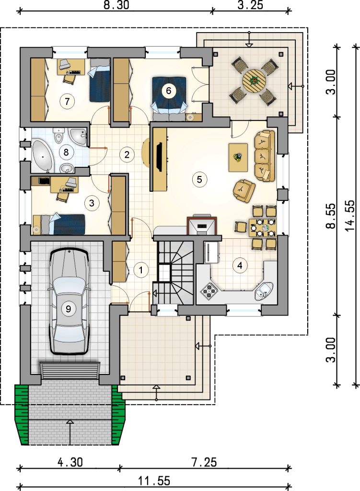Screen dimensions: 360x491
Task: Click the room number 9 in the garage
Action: (x=68, y=309)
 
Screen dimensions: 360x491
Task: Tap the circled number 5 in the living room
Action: (x=199, y=179)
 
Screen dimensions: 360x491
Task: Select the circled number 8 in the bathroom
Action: (x=66, y=152)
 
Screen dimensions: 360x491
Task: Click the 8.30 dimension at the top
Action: (x=116, y=5)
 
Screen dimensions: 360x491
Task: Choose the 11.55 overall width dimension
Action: (x=155, y=480)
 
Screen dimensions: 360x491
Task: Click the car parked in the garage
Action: (x=69, y=301)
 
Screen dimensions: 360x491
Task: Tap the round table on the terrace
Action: (x=254, y=81)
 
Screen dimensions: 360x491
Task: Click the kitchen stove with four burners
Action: (x=209, y=290)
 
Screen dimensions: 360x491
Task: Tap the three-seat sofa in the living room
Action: (x=265, y=156)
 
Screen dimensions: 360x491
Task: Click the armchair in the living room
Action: (x=244, y=190)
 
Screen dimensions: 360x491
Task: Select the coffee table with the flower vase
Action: (x=238, y=157)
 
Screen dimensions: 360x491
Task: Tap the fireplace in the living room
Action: (x=202, y=226)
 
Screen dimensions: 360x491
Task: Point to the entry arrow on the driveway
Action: (x=70, y=432)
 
